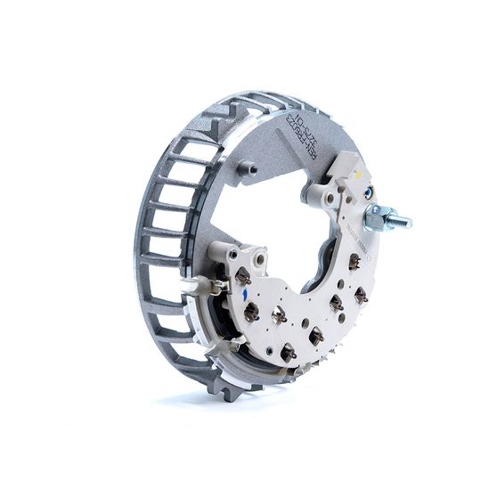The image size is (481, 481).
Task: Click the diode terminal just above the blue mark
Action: click(243, 277)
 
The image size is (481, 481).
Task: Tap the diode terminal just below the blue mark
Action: click(252, 312)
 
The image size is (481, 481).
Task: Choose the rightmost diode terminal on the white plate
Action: click(361, 295)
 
